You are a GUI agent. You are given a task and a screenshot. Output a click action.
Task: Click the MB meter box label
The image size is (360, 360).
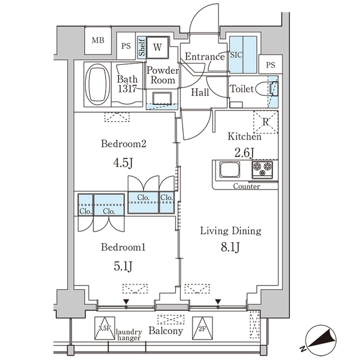pyautogui.click(x=98, y=40)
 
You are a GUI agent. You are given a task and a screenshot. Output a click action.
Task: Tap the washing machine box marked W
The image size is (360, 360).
pyautogui.click(x=157, y=47)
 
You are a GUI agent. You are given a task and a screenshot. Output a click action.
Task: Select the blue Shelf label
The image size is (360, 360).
pyautogui.click(x=142, y=47)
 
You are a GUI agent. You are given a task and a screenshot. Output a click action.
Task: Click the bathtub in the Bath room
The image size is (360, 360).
pyautogui.click(x=97, y=84)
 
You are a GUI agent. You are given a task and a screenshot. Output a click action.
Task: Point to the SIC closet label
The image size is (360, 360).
pyautogui.click(x=236, y=55)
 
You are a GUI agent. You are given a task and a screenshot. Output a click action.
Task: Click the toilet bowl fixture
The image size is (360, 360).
pyautogui.click(x=266, y=89)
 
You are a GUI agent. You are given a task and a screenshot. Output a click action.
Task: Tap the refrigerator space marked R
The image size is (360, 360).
pyautogui.click(x=266, y=122)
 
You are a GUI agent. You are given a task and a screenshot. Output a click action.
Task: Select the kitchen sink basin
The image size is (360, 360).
pyautogui.click(x=230, y=169)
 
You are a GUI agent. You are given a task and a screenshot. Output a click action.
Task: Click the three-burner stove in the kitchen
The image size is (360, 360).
pyautogui.click(x=262, y=169)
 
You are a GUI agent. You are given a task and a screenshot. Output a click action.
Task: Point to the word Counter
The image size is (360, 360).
pyautogui.click(x=247, y=186)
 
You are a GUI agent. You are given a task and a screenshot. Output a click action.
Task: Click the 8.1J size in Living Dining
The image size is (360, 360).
pyautogui.click(x=230, y=247)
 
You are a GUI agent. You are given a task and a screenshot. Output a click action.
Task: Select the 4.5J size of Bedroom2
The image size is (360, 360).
pyautogui.click(x=123, y=163)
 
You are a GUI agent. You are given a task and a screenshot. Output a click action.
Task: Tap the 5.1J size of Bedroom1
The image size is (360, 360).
pyautogui.click(x=123, y=266)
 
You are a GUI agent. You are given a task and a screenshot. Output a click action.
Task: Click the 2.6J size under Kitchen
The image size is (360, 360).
pyautogui.click(x=244, y=152)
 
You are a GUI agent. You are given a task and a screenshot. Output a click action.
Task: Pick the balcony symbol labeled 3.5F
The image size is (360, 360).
pyautogui.click(x=104, y=328)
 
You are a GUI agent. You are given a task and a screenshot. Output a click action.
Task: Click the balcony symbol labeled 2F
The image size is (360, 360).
pyautogui.click(x=202, y=328)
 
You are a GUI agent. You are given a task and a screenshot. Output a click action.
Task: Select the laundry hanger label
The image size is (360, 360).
pyautogui.click(x=129, y=335)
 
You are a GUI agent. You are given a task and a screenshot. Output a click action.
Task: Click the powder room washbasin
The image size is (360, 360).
pyautogui.click(x=162, y=99)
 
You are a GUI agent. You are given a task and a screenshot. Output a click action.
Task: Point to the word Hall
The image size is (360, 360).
pyautogui.click(x=200, y=92)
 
